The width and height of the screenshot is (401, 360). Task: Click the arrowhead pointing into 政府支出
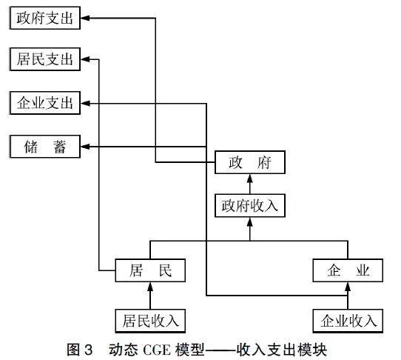coord(85,18)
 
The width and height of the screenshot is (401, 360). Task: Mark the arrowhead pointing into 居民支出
coord(85,59)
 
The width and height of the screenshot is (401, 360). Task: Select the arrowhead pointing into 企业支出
coord(85,104)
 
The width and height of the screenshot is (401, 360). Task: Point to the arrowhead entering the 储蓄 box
coord(85,147)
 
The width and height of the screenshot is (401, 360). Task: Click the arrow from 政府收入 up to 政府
coord(250,184)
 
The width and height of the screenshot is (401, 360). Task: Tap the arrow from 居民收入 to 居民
coord(150,296)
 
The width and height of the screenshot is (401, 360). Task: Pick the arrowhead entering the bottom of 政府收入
coord(250,221)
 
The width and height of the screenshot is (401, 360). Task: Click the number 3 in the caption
coord(88,350)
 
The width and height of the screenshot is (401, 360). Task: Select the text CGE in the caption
coord(157,350)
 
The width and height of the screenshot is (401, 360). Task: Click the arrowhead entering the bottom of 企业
coord(348,287)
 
